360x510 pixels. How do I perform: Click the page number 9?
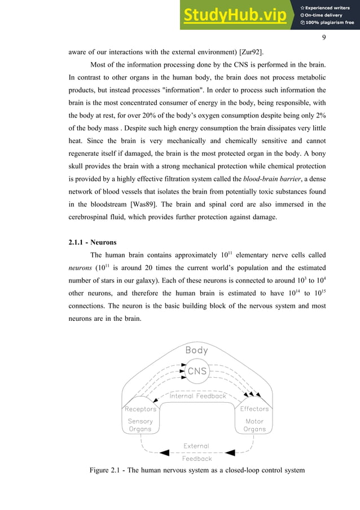click(x=324, y=38)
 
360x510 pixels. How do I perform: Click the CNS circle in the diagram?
click(x=197, y=371)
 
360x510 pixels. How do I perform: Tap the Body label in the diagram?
click(x=197, y=350)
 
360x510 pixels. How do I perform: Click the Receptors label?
click(x=140, y=409)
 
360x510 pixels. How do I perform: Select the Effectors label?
click(x=254, y=409)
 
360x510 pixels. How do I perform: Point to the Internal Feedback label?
click(x=197, y=396)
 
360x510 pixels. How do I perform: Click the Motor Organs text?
click(x=254, y=425)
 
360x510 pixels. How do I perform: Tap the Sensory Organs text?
click(x=140, y=425)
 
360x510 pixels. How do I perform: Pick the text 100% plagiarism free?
click(x=327, y=23)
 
